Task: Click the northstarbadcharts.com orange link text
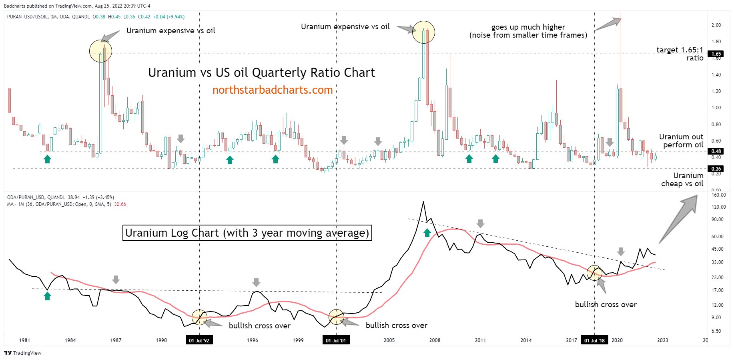coord(272,90)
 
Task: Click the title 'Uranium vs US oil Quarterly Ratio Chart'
coord(261,72)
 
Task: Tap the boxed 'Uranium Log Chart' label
coord(247,233)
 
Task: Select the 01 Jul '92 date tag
coord(199,340)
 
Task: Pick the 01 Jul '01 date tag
coord(336,340)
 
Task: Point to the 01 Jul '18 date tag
coord(594,340)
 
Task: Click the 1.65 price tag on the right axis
coord(716,54)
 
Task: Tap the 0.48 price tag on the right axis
coord(716,151)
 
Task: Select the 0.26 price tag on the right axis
coord(716,169)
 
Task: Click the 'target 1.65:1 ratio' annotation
coord(680,54)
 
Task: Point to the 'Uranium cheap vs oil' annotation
coord(682,180)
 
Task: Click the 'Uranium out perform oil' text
coord(681,141)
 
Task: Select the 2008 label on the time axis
coord(435,340)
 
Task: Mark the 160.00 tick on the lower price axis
coord(719,195)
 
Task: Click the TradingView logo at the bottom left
coord(23,353)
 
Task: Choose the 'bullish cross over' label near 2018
coord(606,304)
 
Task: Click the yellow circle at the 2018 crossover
coord(594,273)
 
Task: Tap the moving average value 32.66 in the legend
coord(120,204)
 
